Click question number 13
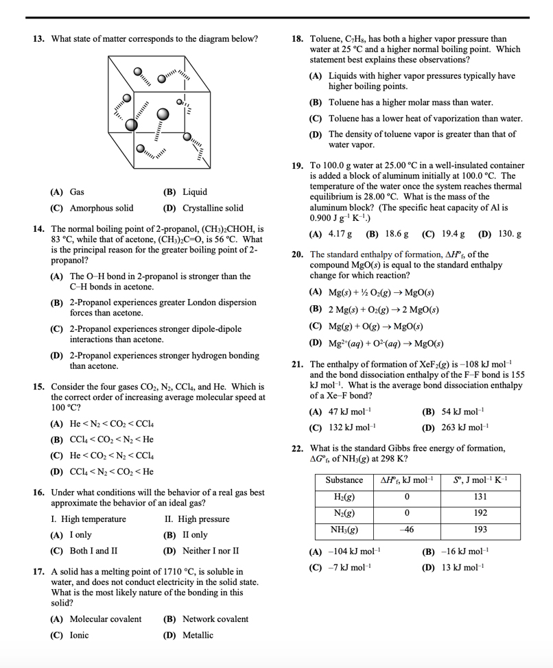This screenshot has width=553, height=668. coord(40,39)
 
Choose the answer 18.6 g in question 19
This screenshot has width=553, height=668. coord(387,234)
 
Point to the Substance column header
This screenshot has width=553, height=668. coord(344,480)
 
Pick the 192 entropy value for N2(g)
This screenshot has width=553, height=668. coord(480,513)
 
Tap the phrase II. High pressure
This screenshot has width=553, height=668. coord(198,519)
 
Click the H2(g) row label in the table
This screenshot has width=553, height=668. coord(344,497)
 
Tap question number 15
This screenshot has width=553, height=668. coord(40,387)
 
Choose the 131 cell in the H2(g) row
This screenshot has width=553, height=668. coord(480,497)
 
